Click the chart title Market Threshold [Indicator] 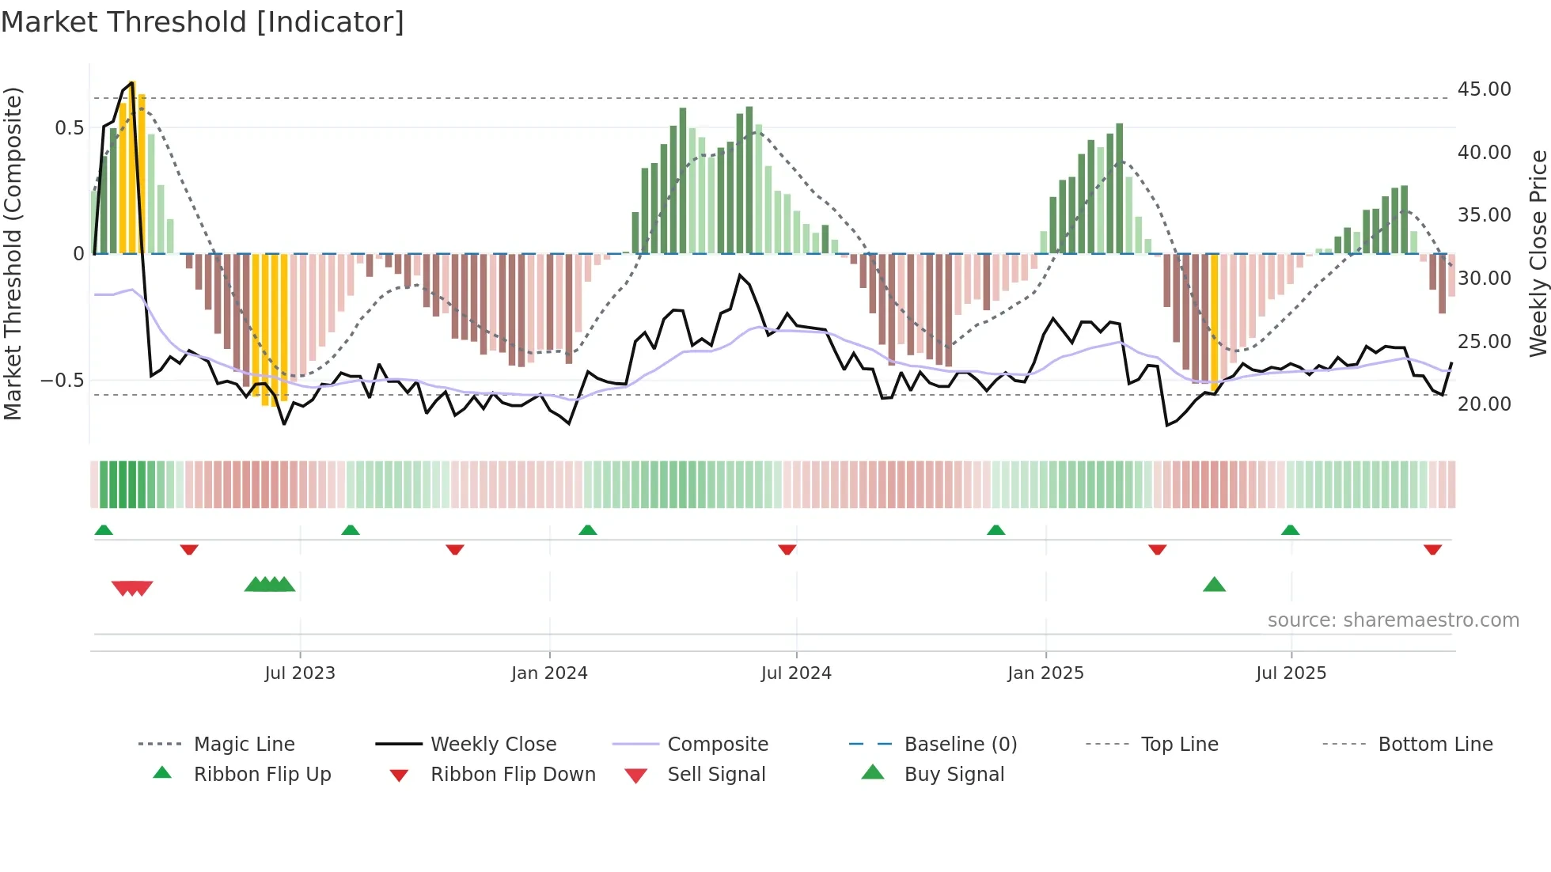pos(203,22)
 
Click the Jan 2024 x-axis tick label pos(549,673)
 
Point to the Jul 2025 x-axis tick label pos(1291,673)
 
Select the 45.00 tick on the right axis pos(1484,89)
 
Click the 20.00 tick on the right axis pos(1484,404)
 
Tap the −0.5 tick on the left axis pos(63,381)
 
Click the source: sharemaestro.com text pos(1393,620)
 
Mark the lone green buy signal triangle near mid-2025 pos(1214,586)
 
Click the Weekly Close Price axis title pos(1538,253)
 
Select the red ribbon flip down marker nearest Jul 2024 pos(787,549)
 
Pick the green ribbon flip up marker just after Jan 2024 pos(587,530)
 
